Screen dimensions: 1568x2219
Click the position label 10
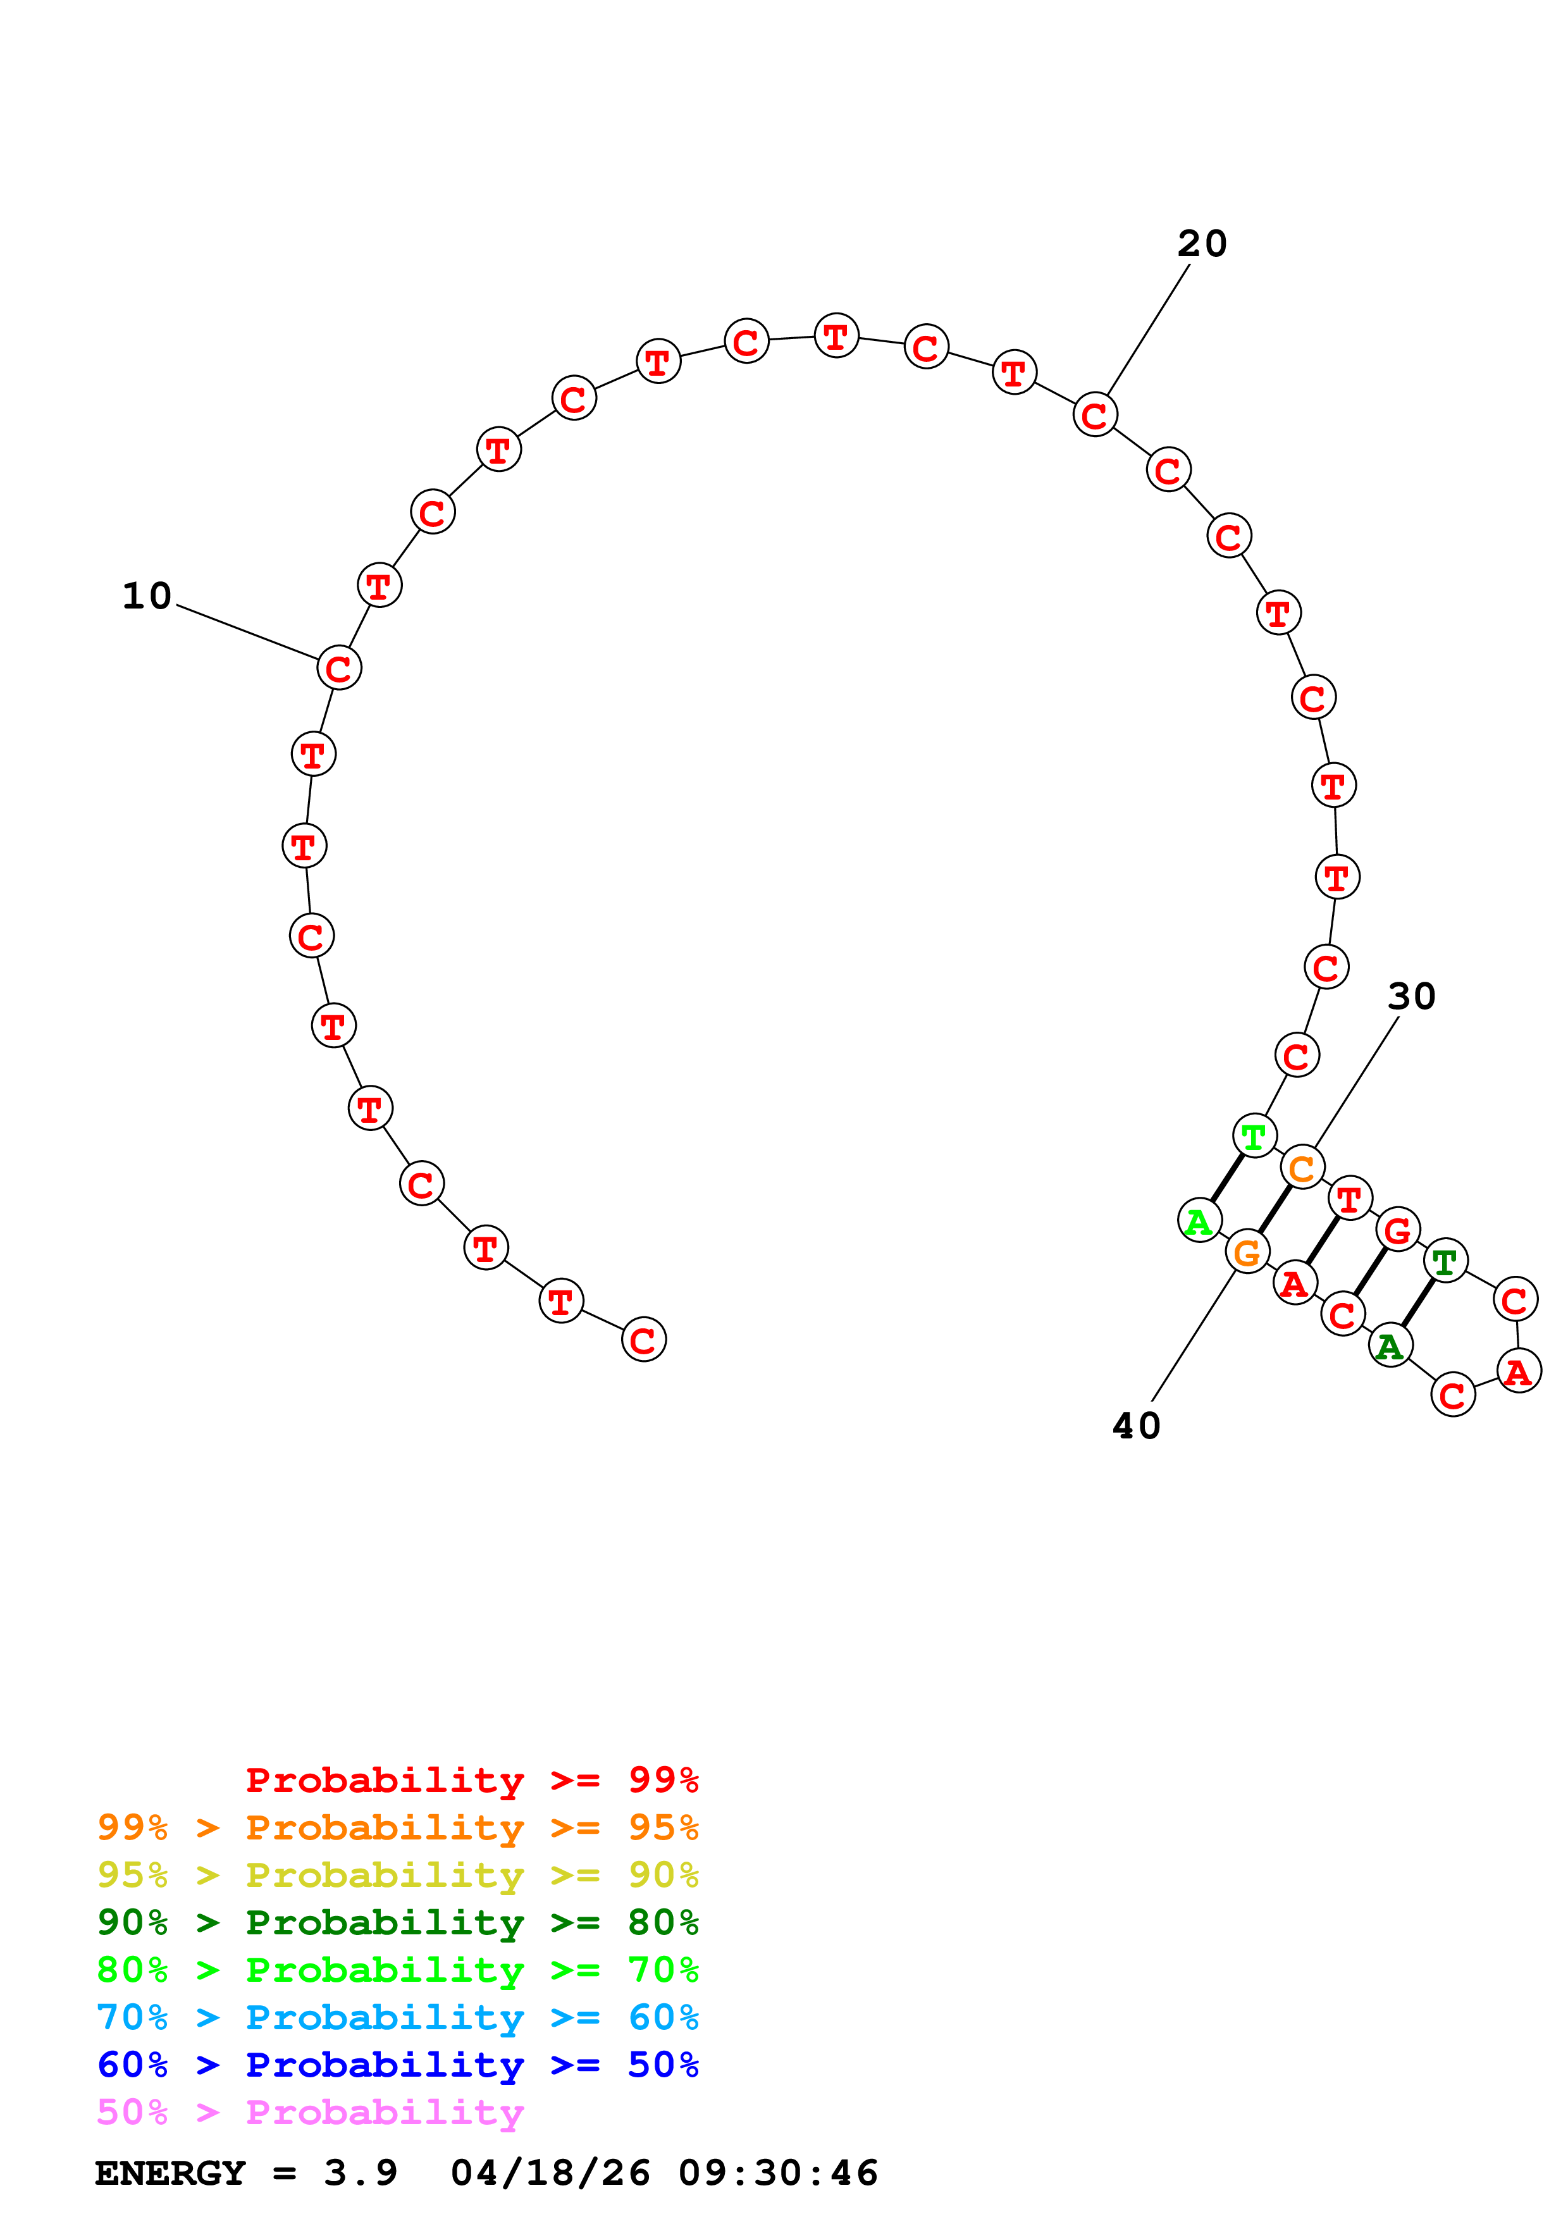[x=147, y=596]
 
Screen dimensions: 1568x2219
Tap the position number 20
[x=1202, y=244]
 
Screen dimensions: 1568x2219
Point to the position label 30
[x=1412, y=996]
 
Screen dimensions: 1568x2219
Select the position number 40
[x=1136, y=1426]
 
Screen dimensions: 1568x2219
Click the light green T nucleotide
[x=1254, y=1137]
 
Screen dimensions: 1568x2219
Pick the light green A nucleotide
[x=1199, y=1221]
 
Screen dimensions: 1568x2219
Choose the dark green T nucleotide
[x=1445, y=1262]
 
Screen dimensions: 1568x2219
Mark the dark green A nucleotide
[x=1390, y=1346]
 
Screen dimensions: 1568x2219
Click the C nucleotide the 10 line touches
[x=339, y=668]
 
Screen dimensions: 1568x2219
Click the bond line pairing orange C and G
[x=1275, y=1211]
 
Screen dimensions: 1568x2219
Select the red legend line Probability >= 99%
[x=471, y=1780]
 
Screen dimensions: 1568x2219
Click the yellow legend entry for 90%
[x=398, y=1875]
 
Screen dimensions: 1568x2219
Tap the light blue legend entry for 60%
[x=398, y=2017]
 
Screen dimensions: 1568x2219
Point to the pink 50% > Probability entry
[x=310, y=2111]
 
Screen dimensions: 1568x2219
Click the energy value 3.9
[x=361, y=2173]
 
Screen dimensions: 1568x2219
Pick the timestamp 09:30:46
[x=778, y=2173]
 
